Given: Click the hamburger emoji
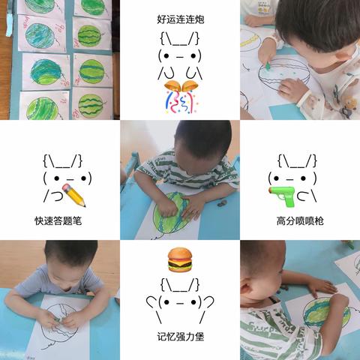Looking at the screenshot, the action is click(180, 259).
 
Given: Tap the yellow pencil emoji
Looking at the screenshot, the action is click(73, 195).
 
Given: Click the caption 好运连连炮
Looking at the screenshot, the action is click(181, 19).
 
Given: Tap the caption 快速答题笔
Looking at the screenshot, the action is click(58, 221).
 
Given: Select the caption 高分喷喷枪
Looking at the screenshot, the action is click(300, 221).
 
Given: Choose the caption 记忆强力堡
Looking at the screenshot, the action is click(181, 337).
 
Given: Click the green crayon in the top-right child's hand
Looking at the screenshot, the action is click(268, 65).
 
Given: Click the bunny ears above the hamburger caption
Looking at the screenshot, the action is click(180, 285).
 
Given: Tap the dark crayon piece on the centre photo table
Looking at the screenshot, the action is click(222, 203).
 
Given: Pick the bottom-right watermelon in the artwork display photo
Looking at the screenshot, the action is click(91, 106).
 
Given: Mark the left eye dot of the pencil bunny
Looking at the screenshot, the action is click(57, 178).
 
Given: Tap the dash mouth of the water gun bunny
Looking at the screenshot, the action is click(289, 179).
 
